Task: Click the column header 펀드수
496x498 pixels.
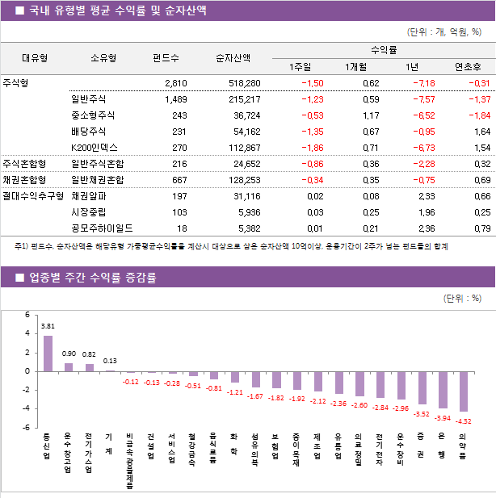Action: pos(166,57)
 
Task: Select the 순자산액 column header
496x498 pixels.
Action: pos(233,57)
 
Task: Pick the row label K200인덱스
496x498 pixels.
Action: pos(94,148)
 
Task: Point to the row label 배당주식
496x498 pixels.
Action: pos(88,132)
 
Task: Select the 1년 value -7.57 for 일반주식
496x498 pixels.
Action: pos(423,99)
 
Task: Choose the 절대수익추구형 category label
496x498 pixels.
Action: pos(32,196)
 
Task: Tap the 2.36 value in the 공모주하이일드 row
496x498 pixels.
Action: pos(425,228)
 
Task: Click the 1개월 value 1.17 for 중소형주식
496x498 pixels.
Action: pos(370,115)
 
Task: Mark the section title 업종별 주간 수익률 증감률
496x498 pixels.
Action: pos(92,278)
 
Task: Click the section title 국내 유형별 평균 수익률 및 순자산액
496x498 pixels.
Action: pos(117,10)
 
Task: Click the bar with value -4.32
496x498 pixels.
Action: pos(463,391)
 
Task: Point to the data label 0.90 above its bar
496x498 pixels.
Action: pos(69,354)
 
